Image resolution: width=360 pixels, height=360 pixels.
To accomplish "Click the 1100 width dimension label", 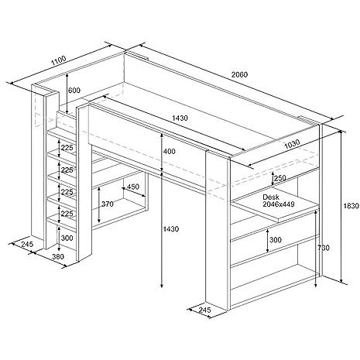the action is click(59, 60).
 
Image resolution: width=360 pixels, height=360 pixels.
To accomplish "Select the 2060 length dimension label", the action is click(239, 74).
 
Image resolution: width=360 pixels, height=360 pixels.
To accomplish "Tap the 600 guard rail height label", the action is click(74, 91).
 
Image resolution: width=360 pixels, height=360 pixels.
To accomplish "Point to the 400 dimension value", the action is click(170, 151).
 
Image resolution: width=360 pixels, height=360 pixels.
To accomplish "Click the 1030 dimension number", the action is click(292, 144).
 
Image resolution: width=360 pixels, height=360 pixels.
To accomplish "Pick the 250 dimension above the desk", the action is click(280, 178).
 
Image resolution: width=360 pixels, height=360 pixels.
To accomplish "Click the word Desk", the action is click(271, 197).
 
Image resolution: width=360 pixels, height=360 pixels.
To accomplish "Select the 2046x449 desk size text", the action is click(279, 204).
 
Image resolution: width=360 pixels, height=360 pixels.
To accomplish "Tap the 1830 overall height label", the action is click(351, 206).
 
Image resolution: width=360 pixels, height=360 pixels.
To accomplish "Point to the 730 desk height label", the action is click(324, 248).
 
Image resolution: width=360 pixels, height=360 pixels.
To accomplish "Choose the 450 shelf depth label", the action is click(133, 187).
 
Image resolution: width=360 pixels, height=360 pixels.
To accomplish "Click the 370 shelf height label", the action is click(108, 204).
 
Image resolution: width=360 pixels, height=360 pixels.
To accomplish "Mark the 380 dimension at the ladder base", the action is click(58, 256).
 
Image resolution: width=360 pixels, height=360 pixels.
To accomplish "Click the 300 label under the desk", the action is click(276, 240).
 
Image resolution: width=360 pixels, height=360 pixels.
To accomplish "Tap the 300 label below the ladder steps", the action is click(67, 238).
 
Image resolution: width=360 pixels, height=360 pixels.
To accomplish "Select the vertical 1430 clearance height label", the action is click(171, 229).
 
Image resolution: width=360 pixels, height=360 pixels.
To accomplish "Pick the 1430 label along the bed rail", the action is click(180, 118).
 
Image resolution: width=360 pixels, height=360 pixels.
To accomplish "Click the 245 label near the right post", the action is click(205, 310).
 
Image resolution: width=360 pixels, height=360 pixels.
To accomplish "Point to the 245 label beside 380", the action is click(27, 244).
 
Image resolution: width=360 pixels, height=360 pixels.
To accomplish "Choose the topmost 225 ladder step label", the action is click(67, 148).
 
